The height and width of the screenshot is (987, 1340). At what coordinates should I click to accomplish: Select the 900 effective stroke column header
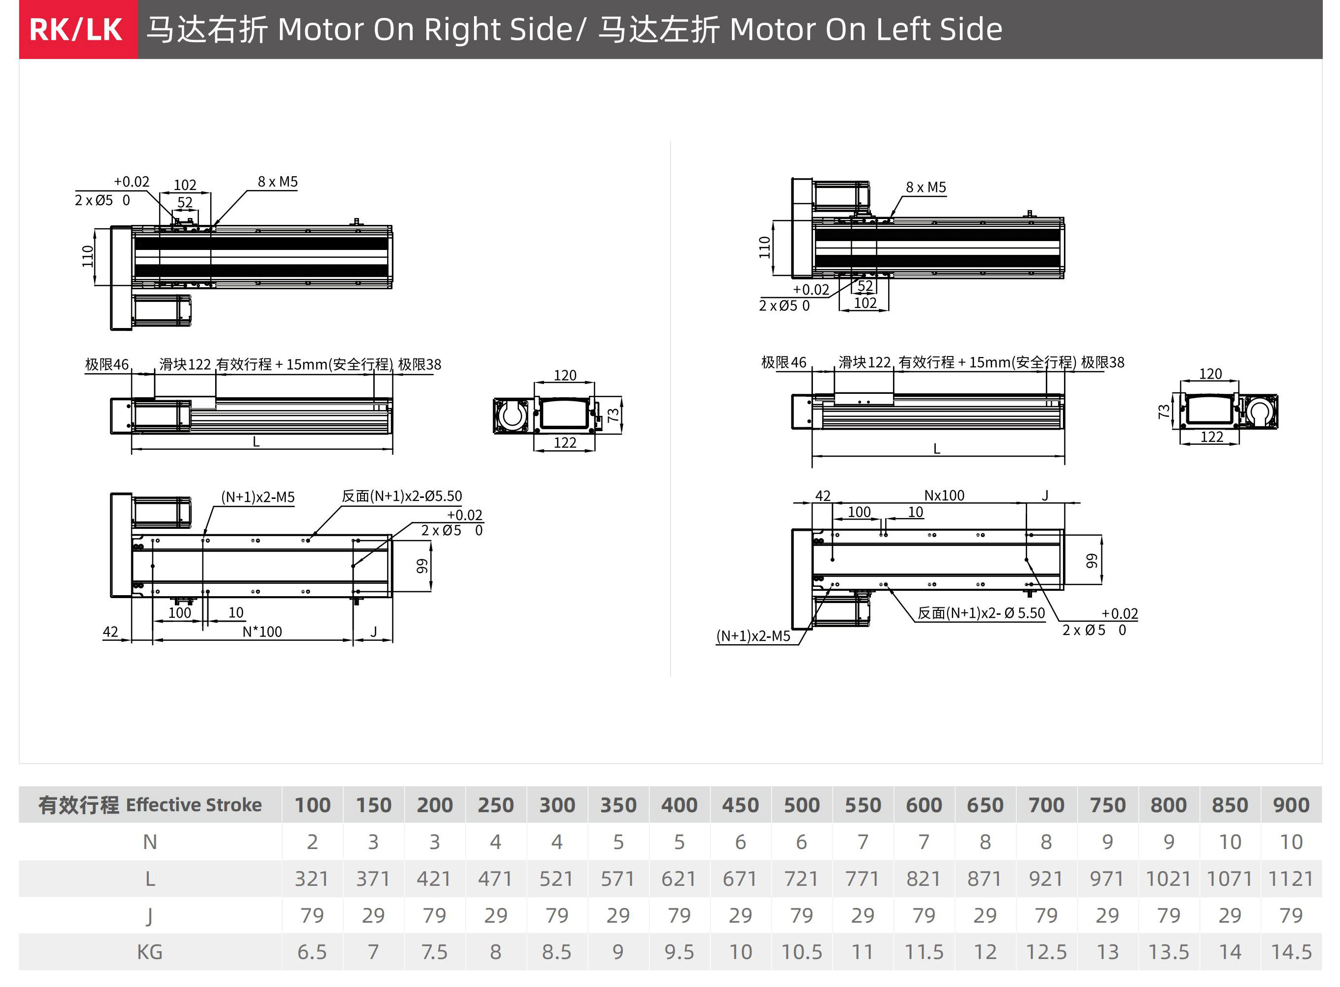click(1291, 805)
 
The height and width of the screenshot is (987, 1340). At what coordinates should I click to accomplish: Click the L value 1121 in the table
click(1290, 878)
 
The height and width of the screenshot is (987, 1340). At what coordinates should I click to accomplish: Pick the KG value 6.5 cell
click(312, 952)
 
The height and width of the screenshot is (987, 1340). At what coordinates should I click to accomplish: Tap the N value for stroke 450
click(740, 842)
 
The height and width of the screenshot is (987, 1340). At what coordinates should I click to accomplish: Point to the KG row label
click(149, 952)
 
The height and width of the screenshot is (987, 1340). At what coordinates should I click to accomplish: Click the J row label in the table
click(149, 915)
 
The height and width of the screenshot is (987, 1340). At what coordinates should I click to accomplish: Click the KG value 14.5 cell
click(1291, 952)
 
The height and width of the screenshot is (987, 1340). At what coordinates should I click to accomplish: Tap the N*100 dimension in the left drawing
click(262, 631)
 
